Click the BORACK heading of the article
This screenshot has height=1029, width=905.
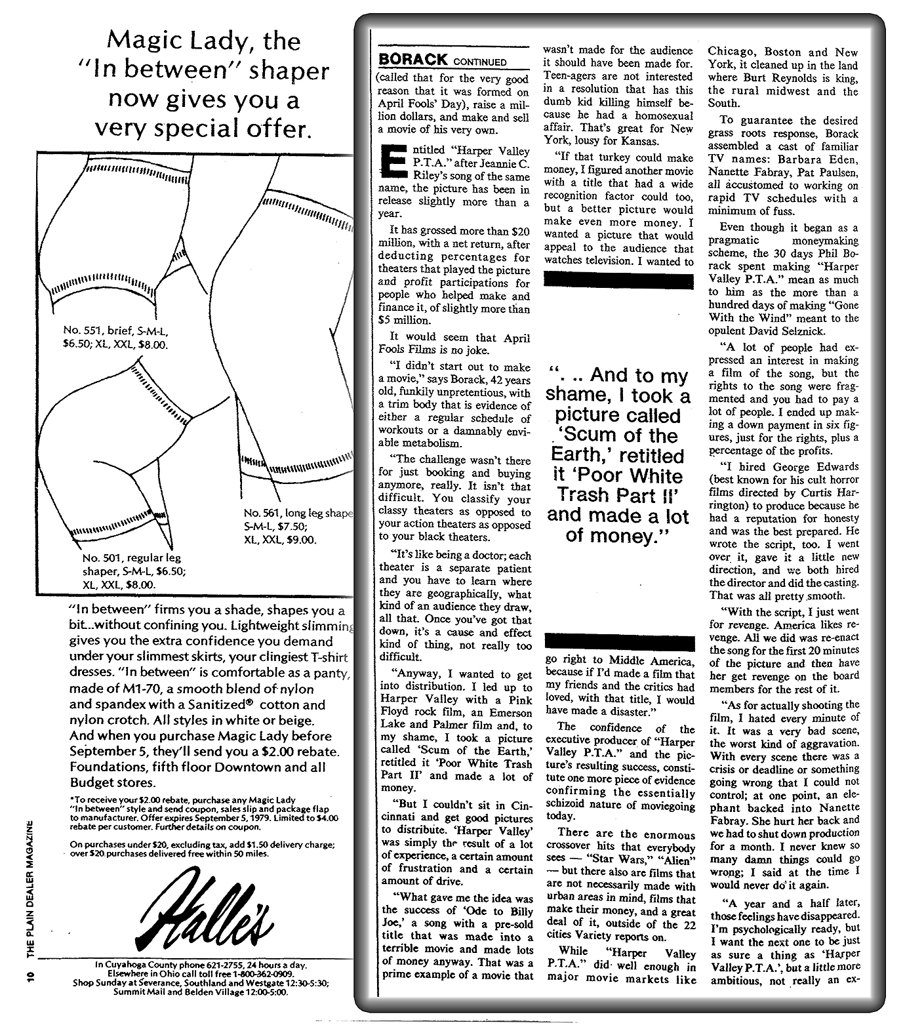point(413,60)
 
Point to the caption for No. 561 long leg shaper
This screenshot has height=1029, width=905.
point(297,526)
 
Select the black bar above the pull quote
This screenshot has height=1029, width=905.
point(618,281)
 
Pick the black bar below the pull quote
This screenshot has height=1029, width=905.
point(618,642)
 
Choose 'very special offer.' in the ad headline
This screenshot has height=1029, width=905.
point(201,129)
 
